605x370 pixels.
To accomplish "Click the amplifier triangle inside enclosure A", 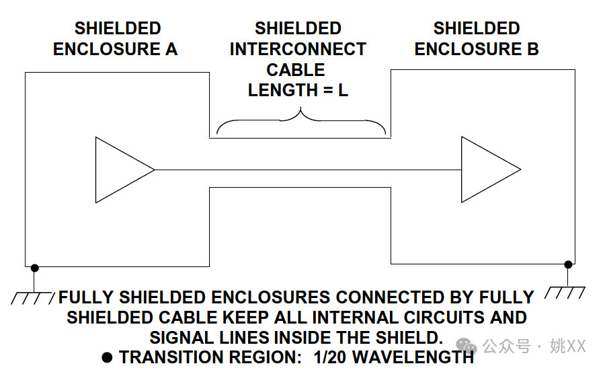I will (121, 170).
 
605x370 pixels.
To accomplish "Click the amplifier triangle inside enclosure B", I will (487, 169).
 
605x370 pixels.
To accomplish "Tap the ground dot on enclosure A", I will (35, 268).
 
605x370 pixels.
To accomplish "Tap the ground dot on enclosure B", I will (568, 264).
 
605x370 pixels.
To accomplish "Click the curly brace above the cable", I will (300, 124).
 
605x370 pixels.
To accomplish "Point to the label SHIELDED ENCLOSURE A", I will (116, 38).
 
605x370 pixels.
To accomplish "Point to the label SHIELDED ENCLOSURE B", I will (476, 38).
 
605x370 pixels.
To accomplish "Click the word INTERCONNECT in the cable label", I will (298, 49).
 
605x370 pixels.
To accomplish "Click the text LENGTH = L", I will (298, 90).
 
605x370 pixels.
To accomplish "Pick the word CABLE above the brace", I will (296, 70).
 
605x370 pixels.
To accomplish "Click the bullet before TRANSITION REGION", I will (107, 357).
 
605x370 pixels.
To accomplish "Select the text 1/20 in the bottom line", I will (334, 357).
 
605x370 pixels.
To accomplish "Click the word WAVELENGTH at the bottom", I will (417, 357).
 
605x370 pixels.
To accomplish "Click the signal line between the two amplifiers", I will (308, 170).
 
